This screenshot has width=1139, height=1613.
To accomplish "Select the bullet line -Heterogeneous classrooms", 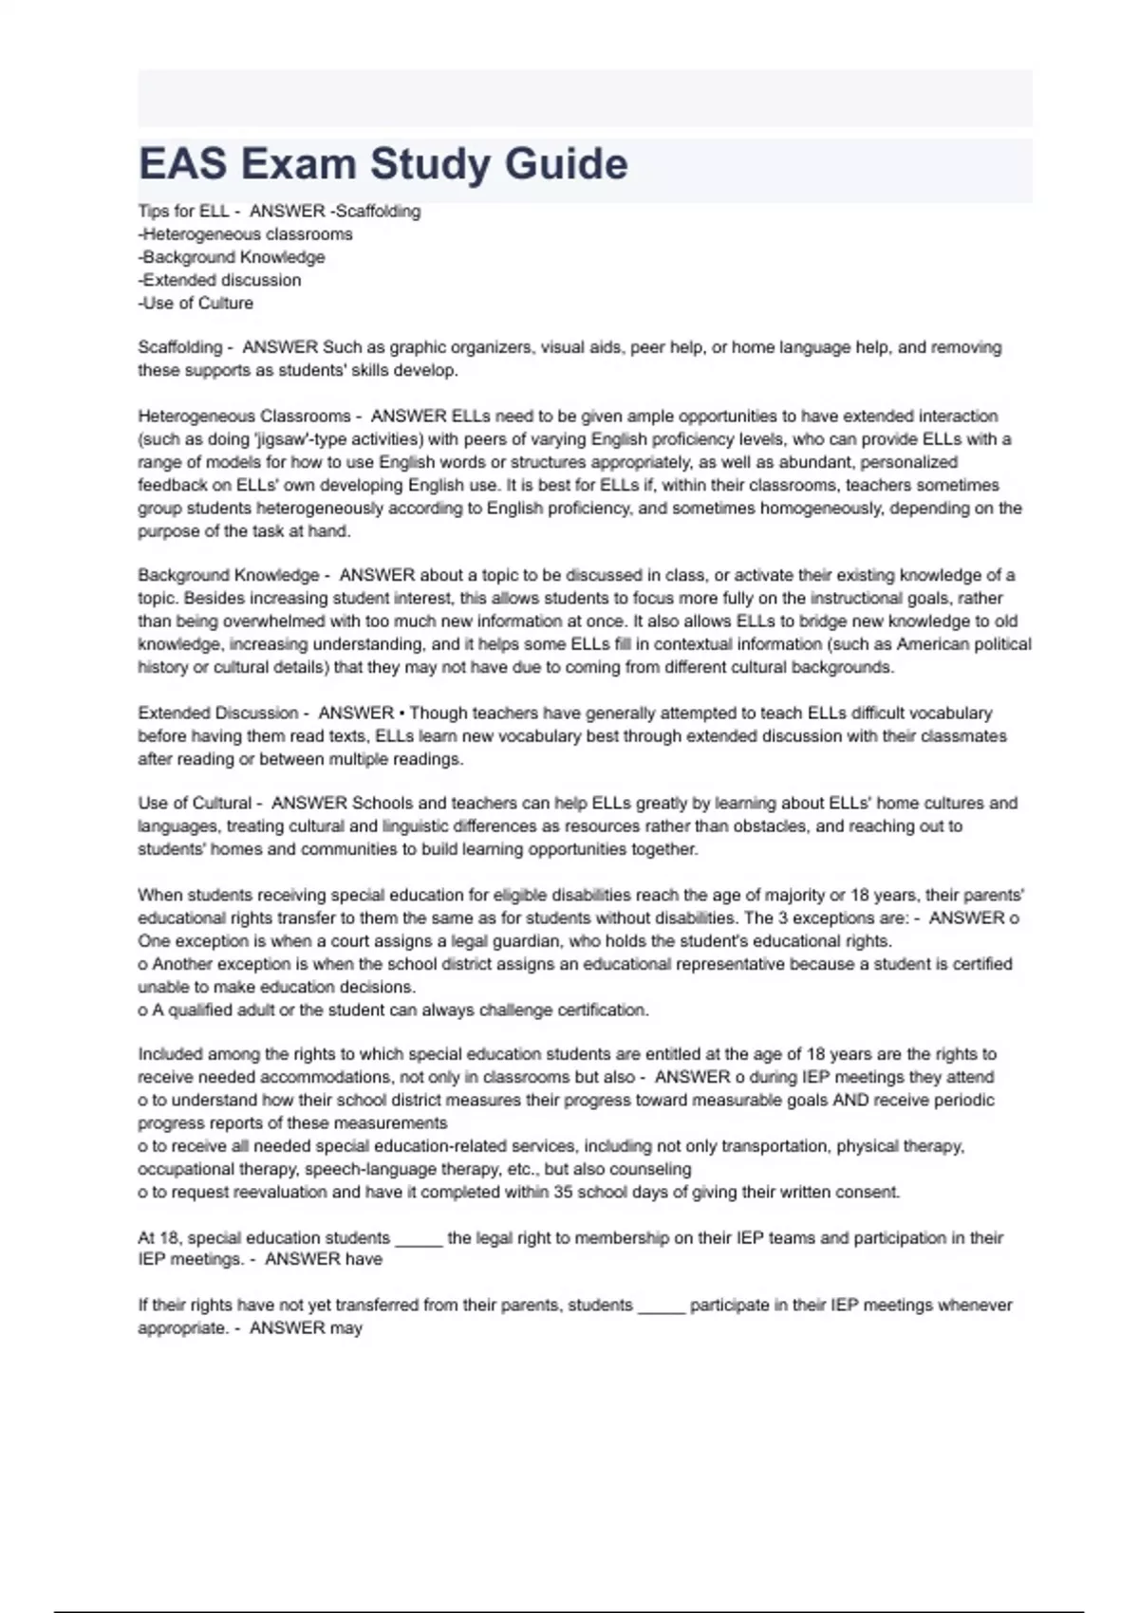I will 245,234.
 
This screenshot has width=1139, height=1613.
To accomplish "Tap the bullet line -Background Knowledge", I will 232,257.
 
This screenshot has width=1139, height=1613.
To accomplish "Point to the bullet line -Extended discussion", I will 219,280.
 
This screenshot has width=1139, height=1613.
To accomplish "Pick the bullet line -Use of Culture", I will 196,304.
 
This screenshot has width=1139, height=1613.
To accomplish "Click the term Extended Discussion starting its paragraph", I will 217,713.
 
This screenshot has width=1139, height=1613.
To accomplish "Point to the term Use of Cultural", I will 195,803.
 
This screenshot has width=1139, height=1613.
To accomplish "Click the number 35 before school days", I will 563,1192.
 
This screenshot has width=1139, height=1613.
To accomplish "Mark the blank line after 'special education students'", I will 419,1239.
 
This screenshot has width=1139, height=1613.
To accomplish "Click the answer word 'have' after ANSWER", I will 364,1260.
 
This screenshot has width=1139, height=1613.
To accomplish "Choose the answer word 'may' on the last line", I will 346,1328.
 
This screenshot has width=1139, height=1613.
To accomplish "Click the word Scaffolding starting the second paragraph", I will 179,347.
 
